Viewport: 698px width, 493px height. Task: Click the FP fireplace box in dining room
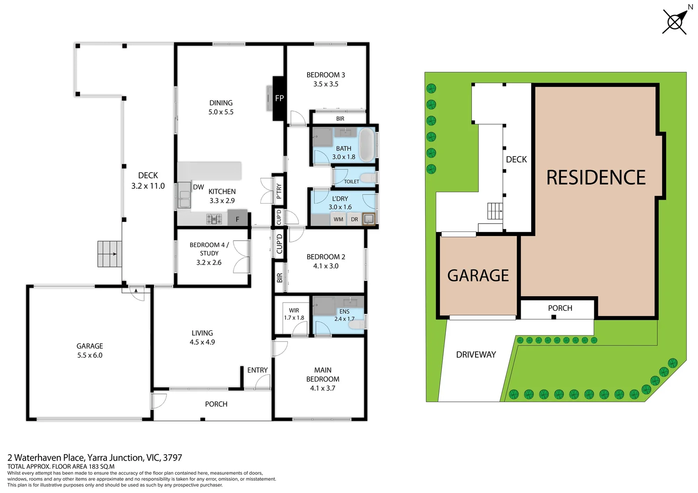[x=279, y=98]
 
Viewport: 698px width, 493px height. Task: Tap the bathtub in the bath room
[x=366, y=145]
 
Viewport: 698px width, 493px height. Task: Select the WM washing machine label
[x=338, y=220]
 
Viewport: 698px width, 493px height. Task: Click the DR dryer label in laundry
[x=354, y=220]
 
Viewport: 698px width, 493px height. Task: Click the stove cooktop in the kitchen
[x=214, y=219]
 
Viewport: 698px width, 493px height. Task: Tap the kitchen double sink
[x=185, y=195]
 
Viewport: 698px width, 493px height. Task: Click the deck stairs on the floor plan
[x=110, y=254]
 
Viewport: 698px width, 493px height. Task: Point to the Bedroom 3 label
[x=326, y=75]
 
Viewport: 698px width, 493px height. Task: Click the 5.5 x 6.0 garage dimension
[x=90, y=355]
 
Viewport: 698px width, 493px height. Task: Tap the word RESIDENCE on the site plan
[x=596, y=178]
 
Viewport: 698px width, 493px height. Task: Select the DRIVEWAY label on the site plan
[x=476, y=355]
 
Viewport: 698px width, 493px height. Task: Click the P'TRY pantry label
[x=279, y=191]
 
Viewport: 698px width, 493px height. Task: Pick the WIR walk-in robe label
[x=294, y=310]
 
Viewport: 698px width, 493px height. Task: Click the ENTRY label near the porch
[x=257, y=370]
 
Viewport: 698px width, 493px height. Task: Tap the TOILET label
[x=351, y=182]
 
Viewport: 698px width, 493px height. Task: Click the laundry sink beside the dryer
[x=368, y=219]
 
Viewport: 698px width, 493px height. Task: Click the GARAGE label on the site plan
[x=478, y=276]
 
